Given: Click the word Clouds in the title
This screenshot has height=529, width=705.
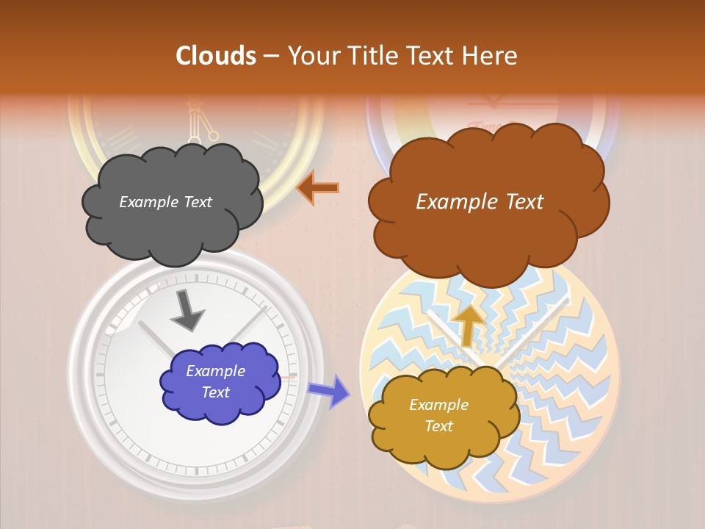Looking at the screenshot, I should pos(216,56).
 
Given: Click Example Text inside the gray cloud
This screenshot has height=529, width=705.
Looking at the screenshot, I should pos(165,202).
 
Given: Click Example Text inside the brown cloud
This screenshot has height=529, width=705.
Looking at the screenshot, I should pos(480,202).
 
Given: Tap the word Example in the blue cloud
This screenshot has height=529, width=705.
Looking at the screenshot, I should pos(215,371).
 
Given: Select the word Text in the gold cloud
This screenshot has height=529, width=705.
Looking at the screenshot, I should pos(438,426).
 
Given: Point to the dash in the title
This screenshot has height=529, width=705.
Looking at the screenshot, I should pos(271,56).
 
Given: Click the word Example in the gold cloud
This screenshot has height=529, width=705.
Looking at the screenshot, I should pos(438,405).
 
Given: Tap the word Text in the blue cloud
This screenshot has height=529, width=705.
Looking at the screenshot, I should pos(215,392).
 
